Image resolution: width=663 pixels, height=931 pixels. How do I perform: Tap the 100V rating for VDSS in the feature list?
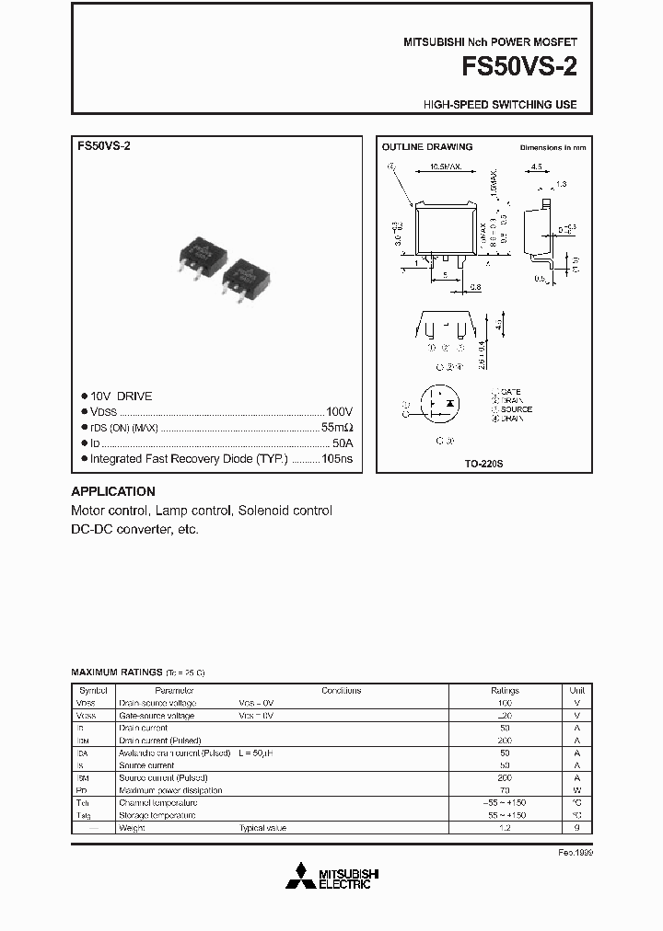pos(339,412)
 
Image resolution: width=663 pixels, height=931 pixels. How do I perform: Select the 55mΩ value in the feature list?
pos(336,428)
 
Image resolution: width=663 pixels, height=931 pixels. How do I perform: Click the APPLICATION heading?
pos(113,491)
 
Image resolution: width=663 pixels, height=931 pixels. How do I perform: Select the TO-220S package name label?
pos(484,465)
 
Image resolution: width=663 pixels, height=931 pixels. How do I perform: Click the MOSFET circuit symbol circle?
pos(440,405)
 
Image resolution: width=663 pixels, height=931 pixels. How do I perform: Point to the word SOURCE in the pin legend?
pos(517,409)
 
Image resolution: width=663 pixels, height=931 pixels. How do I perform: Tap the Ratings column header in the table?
pos(505,690)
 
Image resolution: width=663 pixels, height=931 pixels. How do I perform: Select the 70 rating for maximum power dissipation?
pos(505,790)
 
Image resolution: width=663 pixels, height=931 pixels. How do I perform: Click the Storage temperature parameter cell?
pos(157,815)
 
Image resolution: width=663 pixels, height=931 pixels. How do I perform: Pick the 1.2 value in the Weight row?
pos(505,828)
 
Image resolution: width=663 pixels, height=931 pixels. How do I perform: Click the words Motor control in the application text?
pos(110,511)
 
